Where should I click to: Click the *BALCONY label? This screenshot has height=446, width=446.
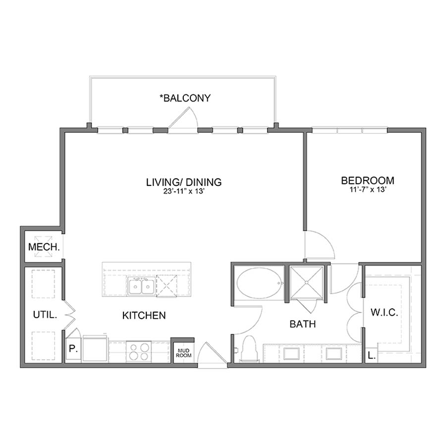(185, 98)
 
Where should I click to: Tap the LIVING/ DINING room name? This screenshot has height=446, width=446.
(183, 182)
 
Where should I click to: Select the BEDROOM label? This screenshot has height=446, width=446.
(367, 180)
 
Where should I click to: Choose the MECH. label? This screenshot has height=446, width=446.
(44, 247)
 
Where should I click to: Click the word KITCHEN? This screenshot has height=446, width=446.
(144, 315)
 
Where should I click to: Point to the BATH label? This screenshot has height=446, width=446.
(303, 325)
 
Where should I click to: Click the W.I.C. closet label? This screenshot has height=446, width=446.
(385, 313)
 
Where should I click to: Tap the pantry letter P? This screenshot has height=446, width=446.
(72, 348)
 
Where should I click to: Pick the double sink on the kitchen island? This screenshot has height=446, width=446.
(141, 286)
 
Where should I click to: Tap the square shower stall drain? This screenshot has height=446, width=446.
(306, 283)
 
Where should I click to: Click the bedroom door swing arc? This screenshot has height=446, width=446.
(321, 245)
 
